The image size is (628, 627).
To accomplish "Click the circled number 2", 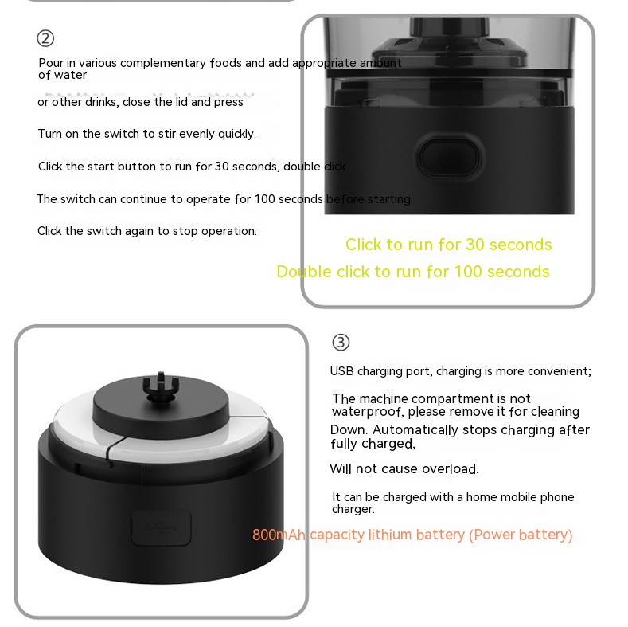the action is coord(45,38).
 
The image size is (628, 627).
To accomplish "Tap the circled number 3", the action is coord(341,343).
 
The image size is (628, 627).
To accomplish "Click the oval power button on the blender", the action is coord(449,157).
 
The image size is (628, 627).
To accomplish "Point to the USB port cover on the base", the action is coord(161,527).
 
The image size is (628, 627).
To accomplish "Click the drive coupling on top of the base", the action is coord(161,386).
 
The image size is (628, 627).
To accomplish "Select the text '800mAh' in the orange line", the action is coord(279,535).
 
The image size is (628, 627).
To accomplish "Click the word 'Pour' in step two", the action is coord(51,63).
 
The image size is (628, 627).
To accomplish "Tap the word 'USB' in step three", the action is coord(341,371).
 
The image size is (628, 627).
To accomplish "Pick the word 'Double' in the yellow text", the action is coord(304,272).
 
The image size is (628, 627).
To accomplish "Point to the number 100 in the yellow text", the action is coord(468,272).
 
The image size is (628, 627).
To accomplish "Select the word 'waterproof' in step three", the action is coord(367,412).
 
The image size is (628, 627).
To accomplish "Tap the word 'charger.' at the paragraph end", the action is coord(353,509).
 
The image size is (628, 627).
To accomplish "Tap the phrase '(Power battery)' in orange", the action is coord(521,535).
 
